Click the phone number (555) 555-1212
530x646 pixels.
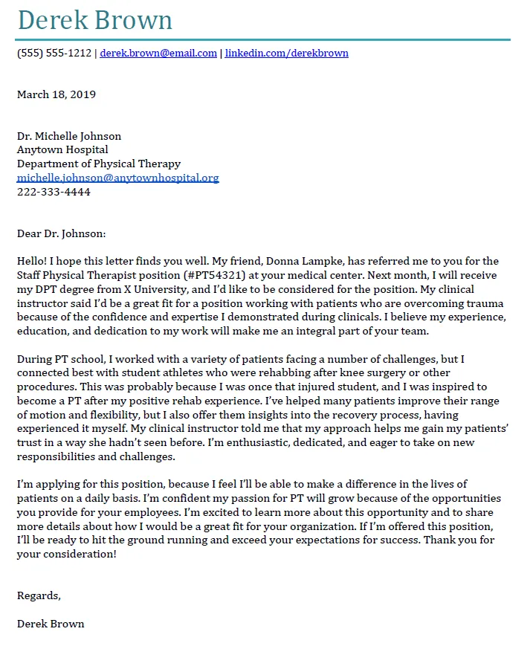point(54,54)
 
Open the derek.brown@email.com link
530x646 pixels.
point(158,54)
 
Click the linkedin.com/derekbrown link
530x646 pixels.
point(286,54)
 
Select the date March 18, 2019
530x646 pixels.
point(56,94)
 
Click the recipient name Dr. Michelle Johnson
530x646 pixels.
point(69,136)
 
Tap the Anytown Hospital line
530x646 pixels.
point(62,150)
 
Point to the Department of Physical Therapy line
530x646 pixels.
point(99,164)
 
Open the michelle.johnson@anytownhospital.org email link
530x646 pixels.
point(117,178)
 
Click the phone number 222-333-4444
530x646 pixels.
point(54,192)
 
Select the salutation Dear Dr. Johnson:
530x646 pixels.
point(62,233)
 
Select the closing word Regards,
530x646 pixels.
point(39,595)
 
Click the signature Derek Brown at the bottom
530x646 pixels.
point(51,623)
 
